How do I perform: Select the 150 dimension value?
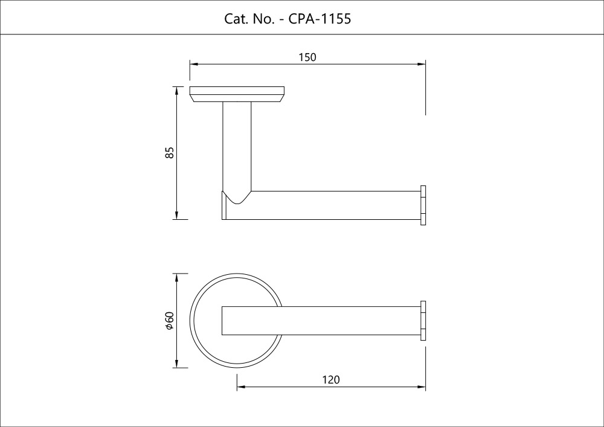click(307, 57)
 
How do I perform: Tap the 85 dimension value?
click(170, 153)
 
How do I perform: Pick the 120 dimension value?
click(331, 380)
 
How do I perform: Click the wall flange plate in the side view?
click(237, 95)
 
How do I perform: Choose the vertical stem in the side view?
click(237, 145)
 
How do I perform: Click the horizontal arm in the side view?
click(332, 205)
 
